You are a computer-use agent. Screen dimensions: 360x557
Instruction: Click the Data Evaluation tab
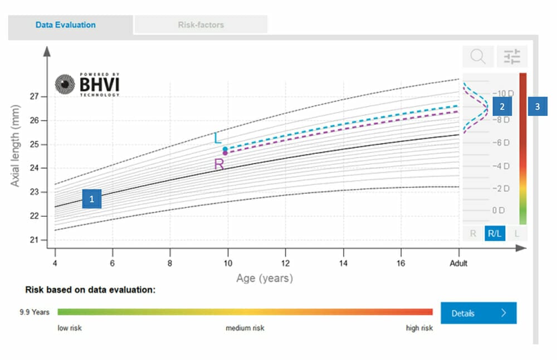click(66, 25)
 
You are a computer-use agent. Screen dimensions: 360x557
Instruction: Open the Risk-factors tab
click(201, 25)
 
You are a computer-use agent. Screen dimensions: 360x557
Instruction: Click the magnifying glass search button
click(477, 56)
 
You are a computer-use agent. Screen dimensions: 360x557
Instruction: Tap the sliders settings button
click(511, 56)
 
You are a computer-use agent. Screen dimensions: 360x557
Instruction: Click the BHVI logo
click(87, 84)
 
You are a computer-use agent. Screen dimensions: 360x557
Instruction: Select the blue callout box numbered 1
click(92, 198)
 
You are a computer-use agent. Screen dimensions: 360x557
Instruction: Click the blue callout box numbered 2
click(502, 106)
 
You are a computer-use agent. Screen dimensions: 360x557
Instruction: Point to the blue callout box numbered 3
click(538, 106)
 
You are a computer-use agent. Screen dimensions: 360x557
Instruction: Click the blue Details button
click(478, 313)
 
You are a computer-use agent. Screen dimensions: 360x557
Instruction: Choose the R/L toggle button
click(494, 233)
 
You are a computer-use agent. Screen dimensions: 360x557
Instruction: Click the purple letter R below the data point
click(219, 164)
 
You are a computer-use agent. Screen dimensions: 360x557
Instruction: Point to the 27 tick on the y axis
click(34, 97)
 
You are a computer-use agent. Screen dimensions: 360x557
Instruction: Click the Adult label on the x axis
click(458, 263)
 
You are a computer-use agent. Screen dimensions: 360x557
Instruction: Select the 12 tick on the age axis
click(285, 263)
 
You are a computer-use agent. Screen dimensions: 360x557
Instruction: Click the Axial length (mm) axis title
click(16, 144)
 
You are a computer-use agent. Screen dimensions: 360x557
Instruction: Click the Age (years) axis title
click(264, 278)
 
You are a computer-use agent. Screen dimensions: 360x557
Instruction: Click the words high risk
click(419, 328)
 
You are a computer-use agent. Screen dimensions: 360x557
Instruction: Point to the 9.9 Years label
click(35, 312)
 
